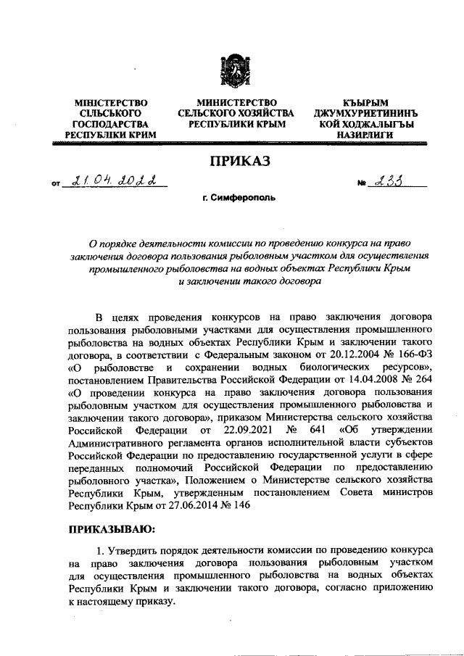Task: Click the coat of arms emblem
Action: click(231, 73)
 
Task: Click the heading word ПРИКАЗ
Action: click(231, 159)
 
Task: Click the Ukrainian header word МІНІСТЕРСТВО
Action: click(106, 103)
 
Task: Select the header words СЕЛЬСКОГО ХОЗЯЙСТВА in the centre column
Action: click(236, 114)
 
